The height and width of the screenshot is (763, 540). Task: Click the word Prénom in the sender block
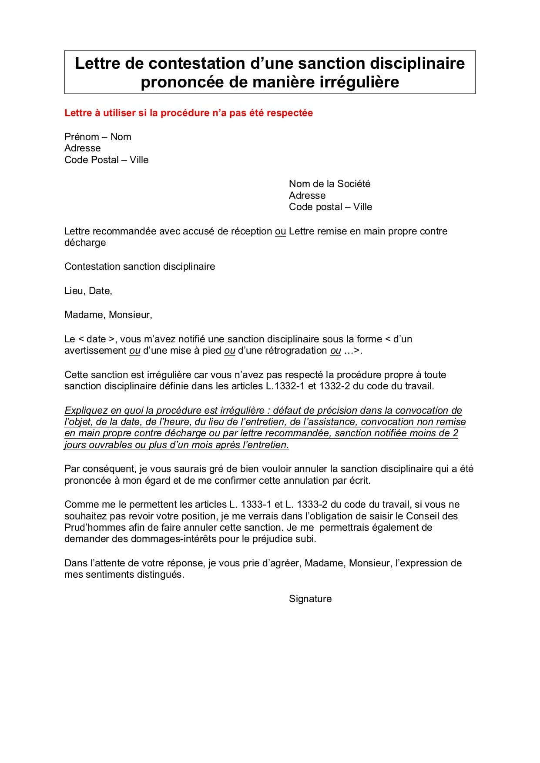click(82, 137)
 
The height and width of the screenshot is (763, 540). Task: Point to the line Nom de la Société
click(329, 184)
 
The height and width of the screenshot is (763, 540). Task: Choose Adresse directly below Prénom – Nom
click(82, 148)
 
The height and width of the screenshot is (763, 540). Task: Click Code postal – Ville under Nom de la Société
click(330, 207)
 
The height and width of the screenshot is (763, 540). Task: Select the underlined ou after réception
click(280, 231)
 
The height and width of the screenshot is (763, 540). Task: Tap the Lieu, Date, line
click(88, 291)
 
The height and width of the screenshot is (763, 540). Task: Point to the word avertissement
click(95, 351)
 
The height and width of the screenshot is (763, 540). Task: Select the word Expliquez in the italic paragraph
click(86, 411)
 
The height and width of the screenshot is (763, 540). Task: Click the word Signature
click(310, 599)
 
